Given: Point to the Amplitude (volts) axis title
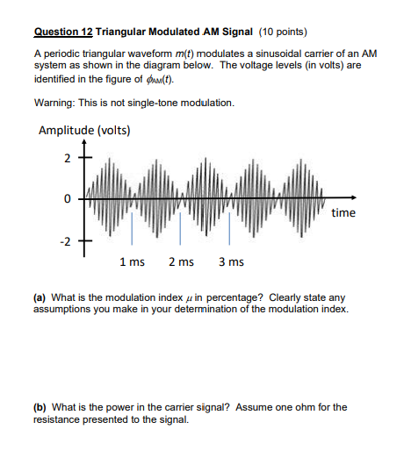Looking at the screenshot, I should click(85, 132).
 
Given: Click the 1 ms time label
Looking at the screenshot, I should click(133, 262).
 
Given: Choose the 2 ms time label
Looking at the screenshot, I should click(181, 262).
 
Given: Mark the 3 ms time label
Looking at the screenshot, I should click(230, 262).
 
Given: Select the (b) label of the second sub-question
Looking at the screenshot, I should click(40, 407).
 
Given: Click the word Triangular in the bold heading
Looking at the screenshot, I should click(124, 33).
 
